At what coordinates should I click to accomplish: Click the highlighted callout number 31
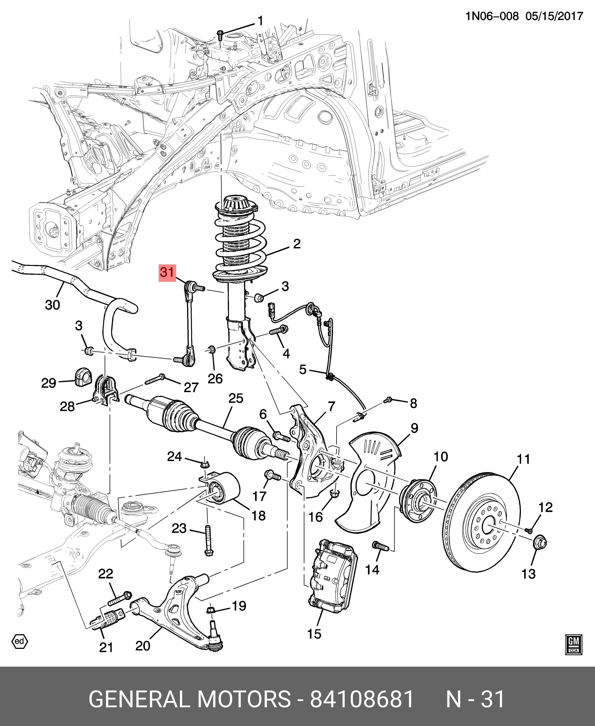click(167, 272)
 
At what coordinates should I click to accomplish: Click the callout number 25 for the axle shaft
click(236, 398)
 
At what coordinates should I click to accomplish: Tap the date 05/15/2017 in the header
click(554, 16)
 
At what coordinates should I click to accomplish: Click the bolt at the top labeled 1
click(220, 34)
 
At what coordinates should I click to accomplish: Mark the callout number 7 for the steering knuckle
click(331, 407)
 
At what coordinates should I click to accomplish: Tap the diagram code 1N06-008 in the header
click(492, 16)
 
